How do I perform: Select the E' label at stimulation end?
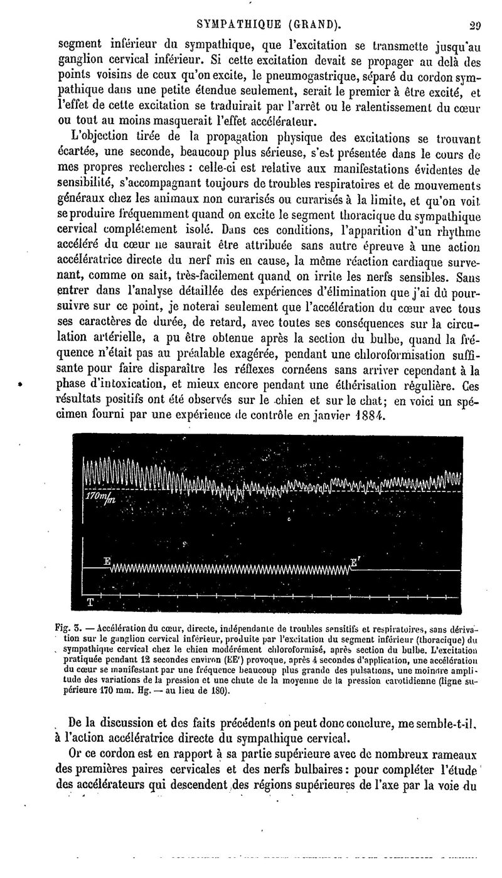tap(354, 561)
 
